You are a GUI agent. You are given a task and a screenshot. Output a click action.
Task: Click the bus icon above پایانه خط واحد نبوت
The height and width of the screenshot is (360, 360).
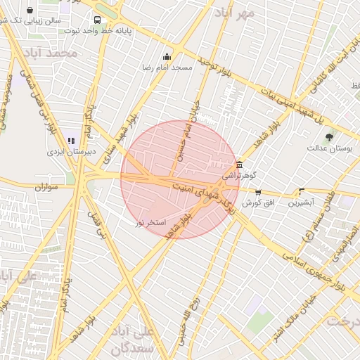[96, 20]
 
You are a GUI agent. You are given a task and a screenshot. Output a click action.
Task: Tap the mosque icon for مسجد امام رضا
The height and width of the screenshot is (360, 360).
[167, 57]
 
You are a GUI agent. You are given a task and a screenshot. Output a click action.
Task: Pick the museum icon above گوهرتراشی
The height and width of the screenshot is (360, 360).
[240, 165]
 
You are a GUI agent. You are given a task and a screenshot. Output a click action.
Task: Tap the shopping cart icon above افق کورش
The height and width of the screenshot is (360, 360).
[258, 192]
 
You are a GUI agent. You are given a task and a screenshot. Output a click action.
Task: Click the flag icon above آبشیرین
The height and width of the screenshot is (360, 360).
[302, 191]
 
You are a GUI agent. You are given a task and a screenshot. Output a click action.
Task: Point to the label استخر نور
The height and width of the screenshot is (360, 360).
[150, 222]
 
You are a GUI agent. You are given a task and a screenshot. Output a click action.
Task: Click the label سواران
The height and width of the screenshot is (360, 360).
[43, 188]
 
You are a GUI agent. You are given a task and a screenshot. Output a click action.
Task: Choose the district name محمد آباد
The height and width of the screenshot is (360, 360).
[50, 53]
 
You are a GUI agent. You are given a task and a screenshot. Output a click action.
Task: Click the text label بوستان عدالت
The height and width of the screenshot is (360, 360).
[328, 148]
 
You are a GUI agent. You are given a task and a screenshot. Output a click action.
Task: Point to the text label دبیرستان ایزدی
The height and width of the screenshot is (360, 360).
[65, 152]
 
